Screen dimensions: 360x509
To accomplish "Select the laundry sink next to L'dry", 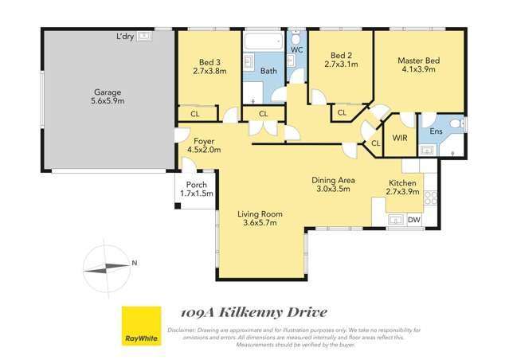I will [144, 37].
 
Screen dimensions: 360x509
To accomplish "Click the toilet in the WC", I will [296, 39].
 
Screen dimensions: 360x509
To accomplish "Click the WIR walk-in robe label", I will [399, 138].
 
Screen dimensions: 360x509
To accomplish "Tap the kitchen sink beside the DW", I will [394, 219].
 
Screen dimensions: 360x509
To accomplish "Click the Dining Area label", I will [333, 179].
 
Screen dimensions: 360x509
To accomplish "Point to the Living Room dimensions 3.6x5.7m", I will [260, 224].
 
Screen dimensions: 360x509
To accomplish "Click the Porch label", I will [196, 184].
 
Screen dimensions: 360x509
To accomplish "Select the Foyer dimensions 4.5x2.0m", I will [203, 149].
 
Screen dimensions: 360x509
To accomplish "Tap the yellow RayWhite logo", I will [140, 327].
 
